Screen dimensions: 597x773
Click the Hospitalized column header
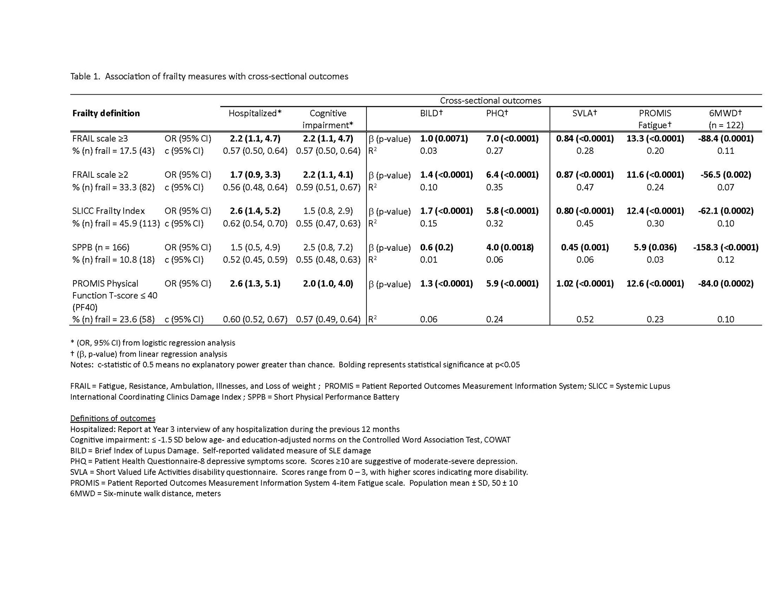click(x=255, y=113)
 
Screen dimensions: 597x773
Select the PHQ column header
click(x=497, y=113)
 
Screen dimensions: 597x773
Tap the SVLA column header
click(x=585, y=113)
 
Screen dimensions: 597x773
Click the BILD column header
click(x=431, y=113)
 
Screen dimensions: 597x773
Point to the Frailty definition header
click(x=106, y=113)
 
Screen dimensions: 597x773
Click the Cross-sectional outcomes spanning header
click(x=490, y=100)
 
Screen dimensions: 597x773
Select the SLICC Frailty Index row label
click(x=108, y=211)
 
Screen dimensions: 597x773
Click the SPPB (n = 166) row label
click(x=100, y=247)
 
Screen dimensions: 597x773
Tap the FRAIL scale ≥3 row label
click(x=100, y=138)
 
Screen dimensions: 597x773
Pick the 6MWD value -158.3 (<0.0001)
click(x=725, y=247)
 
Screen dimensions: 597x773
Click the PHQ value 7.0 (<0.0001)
click(x=512, y=138)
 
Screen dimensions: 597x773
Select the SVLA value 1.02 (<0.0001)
click(x=585, y=284)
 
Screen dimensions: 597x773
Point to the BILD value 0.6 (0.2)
click(x=437, y=247)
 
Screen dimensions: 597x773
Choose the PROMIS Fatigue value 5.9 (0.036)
click(x=655, y=247)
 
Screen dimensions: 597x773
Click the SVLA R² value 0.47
click(x=585, y=187)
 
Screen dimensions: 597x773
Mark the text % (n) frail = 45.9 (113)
click(x=116, y=223)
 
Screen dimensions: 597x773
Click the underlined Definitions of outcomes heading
click(x=113, y=418)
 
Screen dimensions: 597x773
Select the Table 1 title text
click(x=209, y=77)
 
